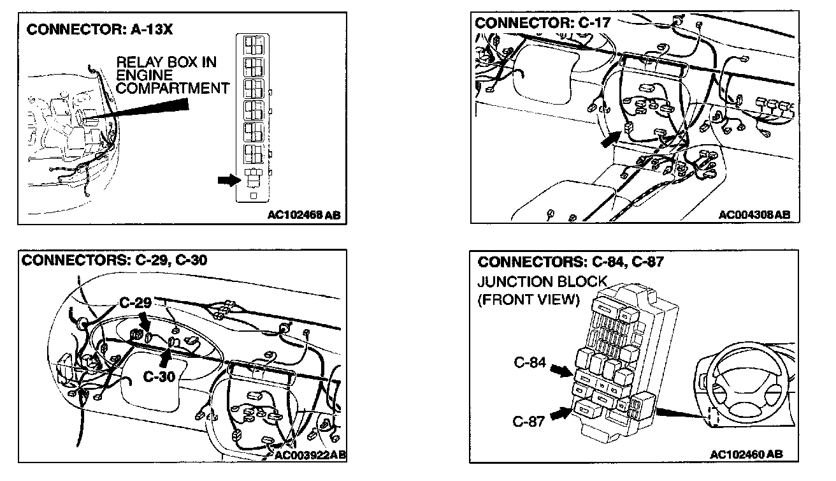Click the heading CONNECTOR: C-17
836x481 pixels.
[x=543, y=23]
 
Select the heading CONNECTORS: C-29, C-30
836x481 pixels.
[x=114, y=260]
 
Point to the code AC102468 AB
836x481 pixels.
[x=304, y=215]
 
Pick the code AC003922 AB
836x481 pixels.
[x=310, y=454]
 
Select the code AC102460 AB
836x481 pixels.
[x=746, y=454]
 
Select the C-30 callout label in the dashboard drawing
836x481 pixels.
[x=159, y=376]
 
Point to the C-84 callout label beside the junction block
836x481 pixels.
[x=530, y=364]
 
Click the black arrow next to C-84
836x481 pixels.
[x=561, y=369]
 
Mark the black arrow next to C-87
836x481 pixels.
[x=561, y=415]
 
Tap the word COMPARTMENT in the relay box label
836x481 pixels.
[x=172, y=88]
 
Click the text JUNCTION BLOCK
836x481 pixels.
[x=542, y=282]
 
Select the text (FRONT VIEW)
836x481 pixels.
[x=528, y=300]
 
